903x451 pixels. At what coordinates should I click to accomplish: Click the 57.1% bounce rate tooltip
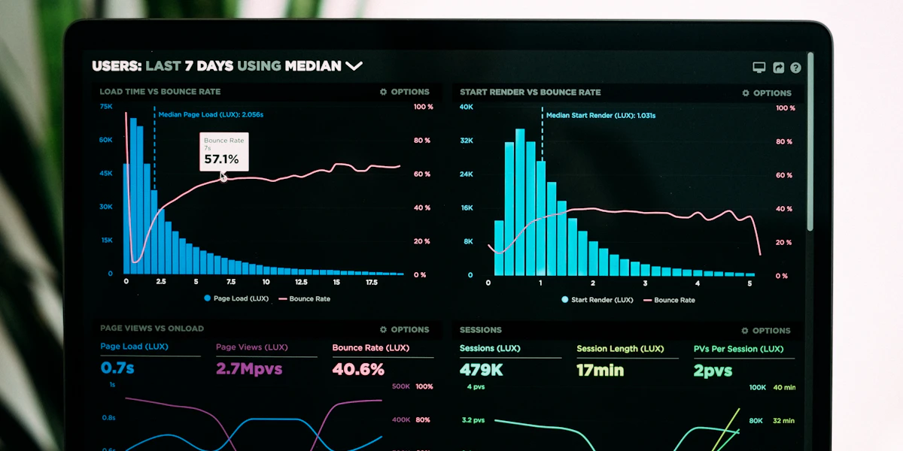(223, 152)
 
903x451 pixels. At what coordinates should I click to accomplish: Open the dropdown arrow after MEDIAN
(354, 66)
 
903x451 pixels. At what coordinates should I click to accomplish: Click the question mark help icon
(795, 68)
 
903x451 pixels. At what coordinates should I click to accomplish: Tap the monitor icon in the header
(759, 68)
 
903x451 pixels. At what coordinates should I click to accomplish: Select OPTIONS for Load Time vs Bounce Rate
(404, 92)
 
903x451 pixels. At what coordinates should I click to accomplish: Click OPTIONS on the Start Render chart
(766, 93)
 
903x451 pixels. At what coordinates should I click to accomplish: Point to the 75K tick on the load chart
(106, 107)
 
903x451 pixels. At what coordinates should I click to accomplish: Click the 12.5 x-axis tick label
(301, 283)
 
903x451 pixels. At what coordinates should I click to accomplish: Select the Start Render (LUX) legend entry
(597, 300)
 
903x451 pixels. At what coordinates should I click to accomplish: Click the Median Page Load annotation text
(210, 115)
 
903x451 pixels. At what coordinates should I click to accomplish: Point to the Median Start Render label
(600, 116)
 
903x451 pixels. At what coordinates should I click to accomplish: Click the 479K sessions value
(481, 370)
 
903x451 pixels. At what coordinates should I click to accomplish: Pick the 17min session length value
(600, 370)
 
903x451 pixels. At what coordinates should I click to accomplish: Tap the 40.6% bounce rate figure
(358, 369)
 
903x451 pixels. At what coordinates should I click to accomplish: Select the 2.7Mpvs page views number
(249, 369)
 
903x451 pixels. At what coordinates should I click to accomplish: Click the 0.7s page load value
(117, 368)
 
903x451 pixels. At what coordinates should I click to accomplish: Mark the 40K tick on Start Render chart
(467, 107)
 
